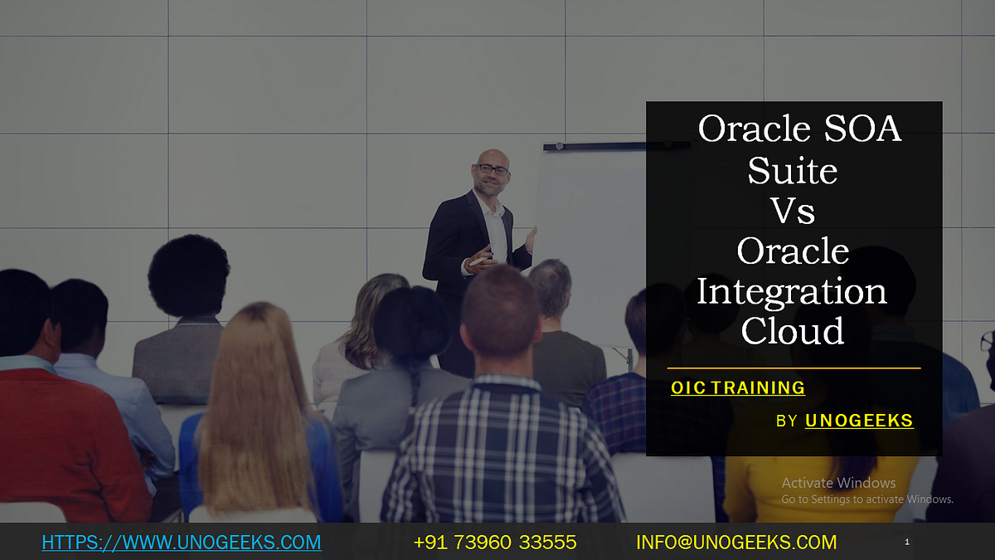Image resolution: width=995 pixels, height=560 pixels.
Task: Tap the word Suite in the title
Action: (792, 170)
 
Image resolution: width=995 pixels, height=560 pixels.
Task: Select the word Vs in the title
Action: (792, 210)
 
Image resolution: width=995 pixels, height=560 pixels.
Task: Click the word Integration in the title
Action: (792, 291)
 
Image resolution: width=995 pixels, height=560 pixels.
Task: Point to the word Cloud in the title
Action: (792, 331)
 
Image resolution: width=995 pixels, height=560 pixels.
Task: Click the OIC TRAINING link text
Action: (738, 387)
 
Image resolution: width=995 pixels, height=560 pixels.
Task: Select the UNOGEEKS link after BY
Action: (859, 421)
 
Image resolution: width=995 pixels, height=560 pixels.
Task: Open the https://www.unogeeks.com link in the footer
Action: (181, 543)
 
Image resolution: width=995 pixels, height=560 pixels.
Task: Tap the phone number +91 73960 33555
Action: (495, 543)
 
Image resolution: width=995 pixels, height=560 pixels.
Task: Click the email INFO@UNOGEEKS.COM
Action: (736, 543)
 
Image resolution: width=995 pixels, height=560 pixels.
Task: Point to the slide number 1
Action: (907, 542)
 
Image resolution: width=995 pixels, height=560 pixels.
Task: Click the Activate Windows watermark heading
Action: (838, 483)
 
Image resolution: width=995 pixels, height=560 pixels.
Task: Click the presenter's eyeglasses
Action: (493, 169)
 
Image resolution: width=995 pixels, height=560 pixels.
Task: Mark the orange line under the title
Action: (794, 368)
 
